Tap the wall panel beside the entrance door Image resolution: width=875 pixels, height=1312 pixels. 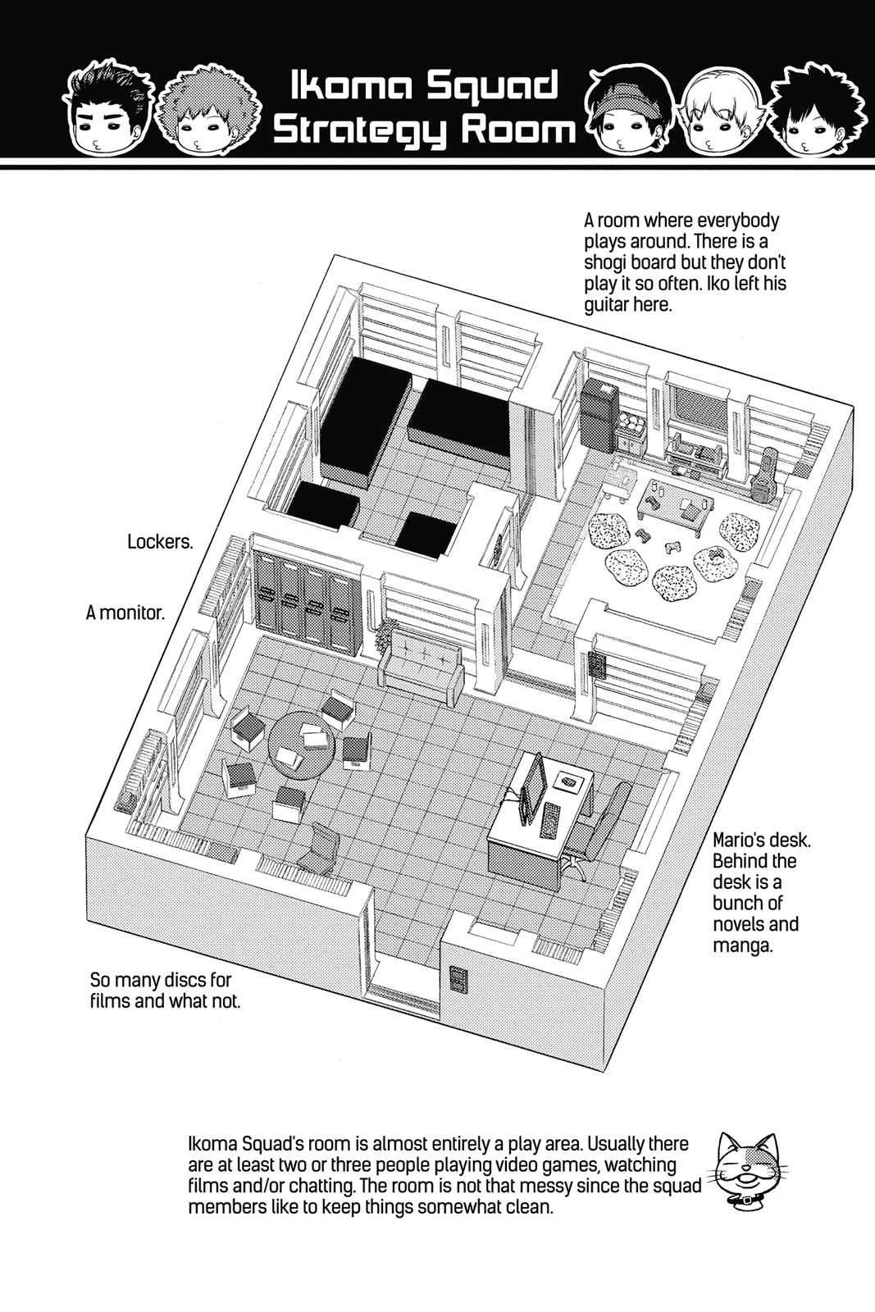(x=457, y=979)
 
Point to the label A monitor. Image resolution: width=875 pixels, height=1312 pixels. (x=125, y=613)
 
